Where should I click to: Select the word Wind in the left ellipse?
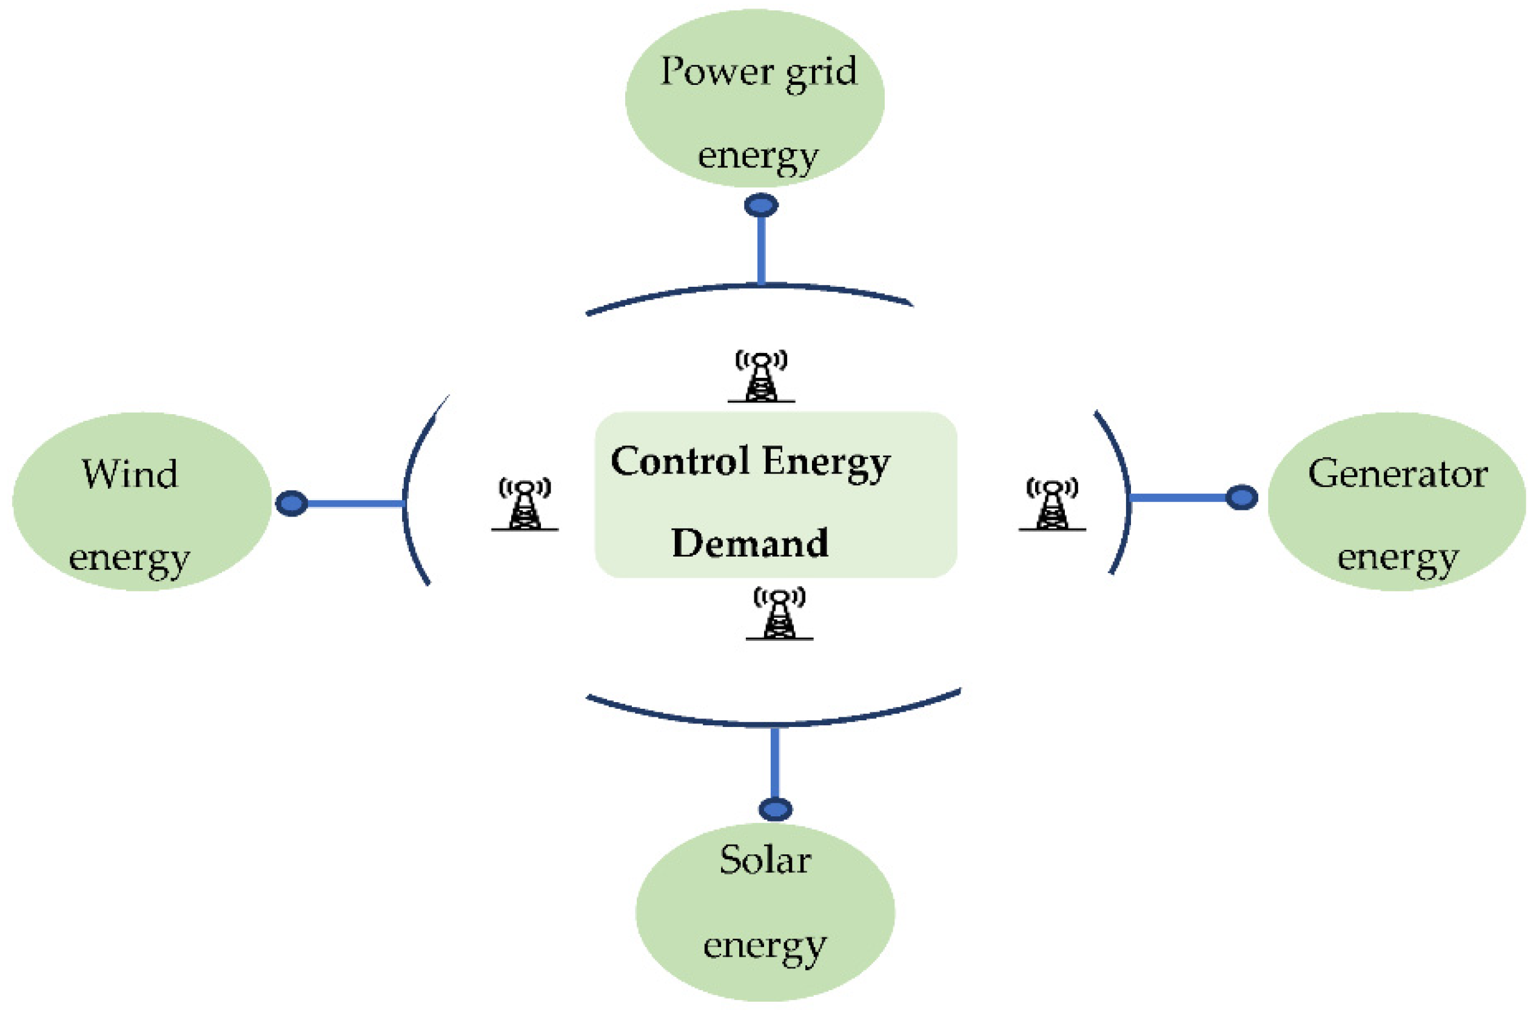pyautogui.click(x=130, y=474)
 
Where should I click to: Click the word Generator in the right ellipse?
pyautogui.click(x=1397, y=474)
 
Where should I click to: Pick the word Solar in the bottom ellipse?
pyautogui.click(x=765, y=860)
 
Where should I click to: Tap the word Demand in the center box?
pyautogui.click(x=750, y=543)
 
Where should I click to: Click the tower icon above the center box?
pyautogui.click(x=761, y=378)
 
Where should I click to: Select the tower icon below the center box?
pyautogui.click(x=779, y=614)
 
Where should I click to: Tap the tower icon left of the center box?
pyautogui.click(x=525, y=505)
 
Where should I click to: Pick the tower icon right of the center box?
pyautogui.click(x=1052, y=505)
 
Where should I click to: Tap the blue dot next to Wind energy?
pyautogui.click(x=292, y=503)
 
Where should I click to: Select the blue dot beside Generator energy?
pyautogui.click(x=1241, y=498)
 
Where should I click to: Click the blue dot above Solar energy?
pyautogui.click(x=775, y=809)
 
